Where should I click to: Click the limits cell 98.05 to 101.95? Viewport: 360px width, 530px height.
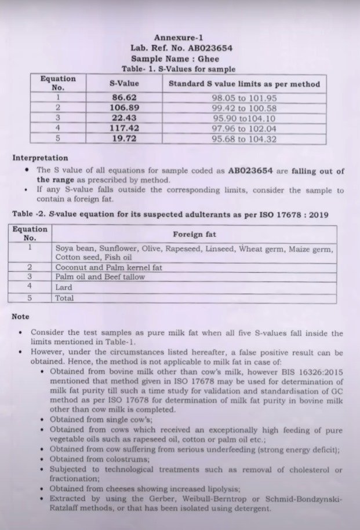[244, 98]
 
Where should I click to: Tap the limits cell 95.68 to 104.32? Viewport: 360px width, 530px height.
[244, 139]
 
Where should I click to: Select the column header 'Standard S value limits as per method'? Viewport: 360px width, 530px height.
[244, 84]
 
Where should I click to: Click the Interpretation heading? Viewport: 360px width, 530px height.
[40, 158]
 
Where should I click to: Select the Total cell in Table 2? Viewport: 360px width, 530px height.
[64, 298]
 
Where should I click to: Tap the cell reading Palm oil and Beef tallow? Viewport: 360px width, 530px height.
[100, 277]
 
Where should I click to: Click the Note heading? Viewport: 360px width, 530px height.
[21, 317]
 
